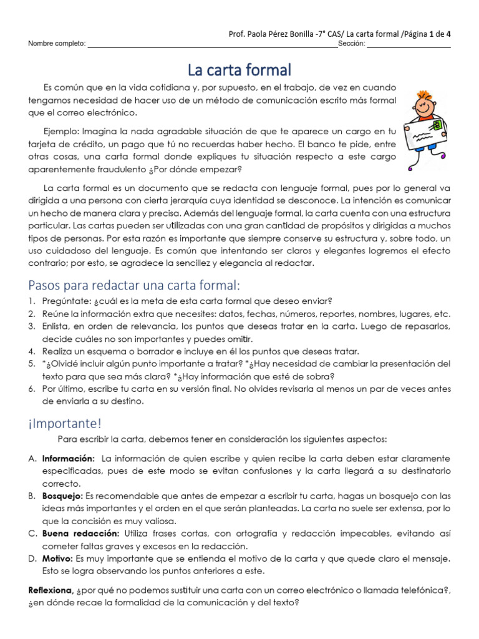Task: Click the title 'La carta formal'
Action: pyautogui.click(x=240, y=69)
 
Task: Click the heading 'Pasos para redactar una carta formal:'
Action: pyautogui.click(x=134, y=285)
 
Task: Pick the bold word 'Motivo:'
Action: pyautogui.click(x=58, y=558)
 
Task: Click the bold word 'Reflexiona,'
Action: pyautogui.click(x=51, y=590)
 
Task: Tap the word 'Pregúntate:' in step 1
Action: pyautogui.click(x=65, y=301)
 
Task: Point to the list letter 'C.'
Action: pyautogui.click(x=32, y=534)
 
